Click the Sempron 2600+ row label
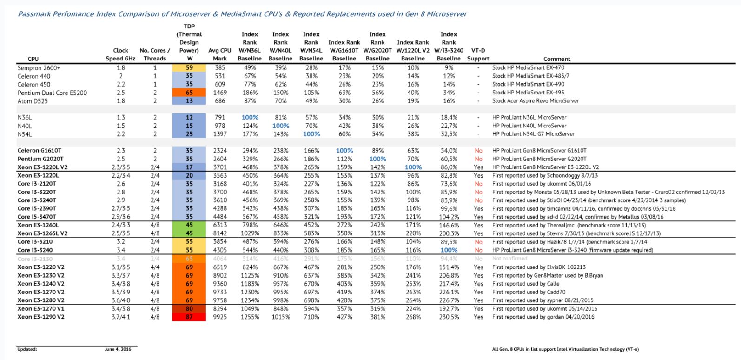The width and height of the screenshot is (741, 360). [39, 68]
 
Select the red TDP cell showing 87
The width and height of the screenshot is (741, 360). [189, 317]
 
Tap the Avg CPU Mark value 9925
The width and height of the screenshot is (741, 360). [220, 317]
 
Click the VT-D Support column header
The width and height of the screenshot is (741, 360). [478, 54]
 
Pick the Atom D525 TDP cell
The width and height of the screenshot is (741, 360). [189, 101]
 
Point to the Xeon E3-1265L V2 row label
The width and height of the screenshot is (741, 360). [42, 233]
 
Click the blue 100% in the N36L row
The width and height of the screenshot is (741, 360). [250, 118]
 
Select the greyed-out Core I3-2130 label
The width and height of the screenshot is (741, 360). [35, 259]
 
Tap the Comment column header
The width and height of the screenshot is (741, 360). [557, 59]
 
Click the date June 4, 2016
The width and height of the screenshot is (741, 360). [118, 349]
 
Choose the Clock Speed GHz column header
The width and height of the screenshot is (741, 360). [120, 54]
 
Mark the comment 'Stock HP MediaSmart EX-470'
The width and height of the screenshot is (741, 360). [528, 67]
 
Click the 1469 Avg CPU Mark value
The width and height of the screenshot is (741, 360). [220, 93]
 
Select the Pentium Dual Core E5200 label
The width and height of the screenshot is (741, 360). [52, 93]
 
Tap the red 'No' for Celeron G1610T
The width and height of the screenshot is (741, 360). [478, 151]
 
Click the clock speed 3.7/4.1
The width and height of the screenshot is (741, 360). [121, 317]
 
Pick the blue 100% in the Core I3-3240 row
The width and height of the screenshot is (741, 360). [449, 250]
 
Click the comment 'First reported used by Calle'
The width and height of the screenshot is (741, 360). [526, 284]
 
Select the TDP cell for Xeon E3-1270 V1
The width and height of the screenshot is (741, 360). [189, 309]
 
